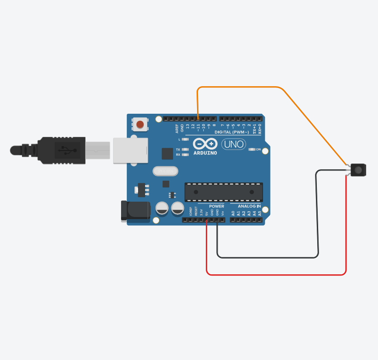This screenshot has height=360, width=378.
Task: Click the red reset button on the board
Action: pos(140,125)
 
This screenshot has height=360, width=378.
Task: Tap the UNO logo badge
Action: pos(234,144)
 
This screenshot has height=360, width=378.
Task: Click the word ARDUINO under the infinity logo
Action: pos(205,153)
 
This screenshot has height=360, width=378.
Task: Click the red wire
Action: pos(275,275)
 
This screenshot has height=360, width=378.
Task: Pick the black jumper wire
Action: pos(267,257)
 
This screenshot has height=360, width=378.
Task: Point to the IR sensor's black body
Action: pos(358,169)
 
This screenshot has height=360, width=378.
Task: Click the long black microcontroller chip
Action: pos(223,192)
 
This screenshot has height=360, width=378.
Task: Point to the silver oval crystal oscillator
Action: pos(165,170)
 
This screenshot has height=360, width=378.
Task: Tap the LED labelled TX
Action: pos(185,150)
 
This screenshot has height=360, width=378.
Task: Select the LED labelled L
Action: pos(185,139)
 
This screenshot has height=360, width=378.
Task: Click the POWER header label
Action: pos(216,206)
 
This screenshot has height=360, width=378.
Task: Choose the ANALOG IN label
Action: pos(249,206)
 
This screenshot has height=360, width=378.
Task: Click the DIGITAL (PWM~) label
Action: pos(232,132)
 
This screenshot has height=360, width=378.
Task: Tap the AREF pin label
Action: pos(177,128)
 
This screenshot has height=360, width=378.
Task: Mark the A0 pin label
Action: pos(233,213)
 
